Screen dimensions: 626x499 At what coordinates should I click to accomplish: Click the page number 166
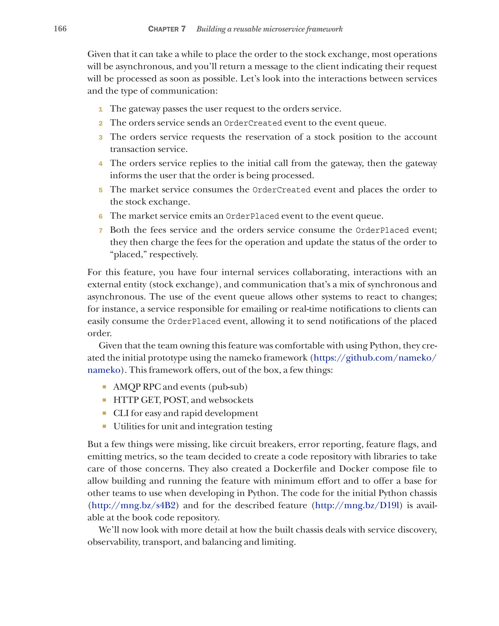coord(60,29)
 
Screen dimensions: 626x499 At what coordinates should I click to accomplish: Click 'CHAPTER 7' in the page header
coord(167,29)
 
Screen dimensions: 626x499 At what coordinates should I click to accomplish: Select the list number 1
coord(100,109)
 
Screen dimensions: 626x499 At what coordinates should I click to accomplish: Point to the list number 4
coord(100,164)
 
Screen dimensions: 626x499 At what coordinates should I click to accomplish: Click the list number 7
coord(100,231)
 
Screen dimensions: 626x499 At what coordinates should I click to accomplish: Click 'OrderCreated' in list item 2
coord(253,123)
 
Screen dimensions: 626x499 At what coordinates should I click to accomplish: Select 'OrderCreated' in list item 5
coord(281,190)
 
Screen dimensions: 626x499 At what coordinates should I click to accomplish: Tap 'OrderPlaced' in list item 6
coord(252,216)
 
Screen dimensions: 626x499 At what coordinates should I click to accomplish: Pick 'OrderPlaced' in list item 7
coord(382,230)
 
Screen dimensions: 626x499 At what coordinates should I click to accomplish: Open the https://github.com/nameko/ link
coord(375,358)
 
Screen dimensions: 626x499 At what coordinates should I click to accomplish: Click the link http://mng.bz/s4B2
coord(133,506)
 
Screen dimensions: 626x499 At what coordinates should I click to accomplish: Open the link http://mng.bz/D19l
coord(357,506)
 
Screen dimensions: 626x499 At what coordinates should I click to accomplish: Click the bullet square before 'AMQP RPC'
coord(104,387)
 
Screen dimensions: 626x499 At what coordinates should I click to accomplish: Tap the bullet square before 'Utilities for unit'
coord(104,426)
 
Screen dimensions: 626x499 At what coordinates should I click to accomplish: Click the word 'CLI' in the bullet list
coord(121,413)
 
